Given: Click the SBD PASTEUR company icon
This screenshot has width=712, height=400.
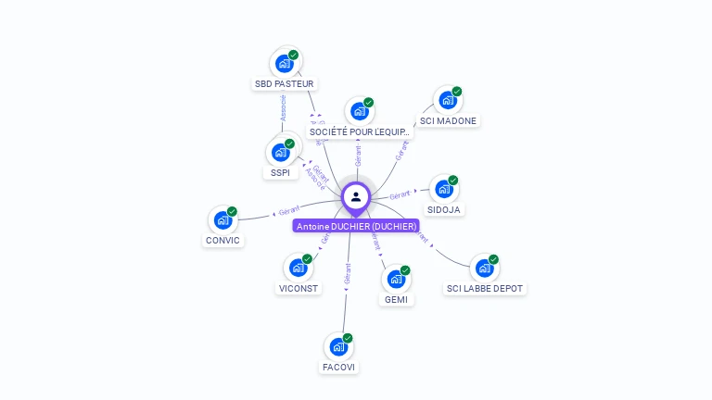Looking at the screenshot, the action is click(284, 64).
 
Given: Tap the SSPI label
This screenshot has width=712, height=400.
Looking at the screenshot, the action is click(280, 173).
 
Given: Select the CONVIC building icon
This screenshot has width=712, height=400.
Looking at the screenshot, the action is click(222, 219).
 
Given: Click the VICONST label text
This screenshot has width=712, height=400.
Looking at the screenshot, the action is click(299, 288).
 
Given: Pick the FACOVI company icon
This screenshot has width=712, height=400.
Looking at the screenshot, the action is click(338, 346).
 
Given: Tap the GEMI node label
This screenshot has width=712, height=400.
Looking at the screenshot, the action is click(396, 299).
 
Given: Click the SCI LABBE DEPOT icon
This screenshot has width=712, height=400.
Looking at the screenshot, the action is click(484, 269).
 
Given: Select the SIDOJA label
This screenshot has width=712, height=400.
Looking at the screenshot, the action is click(446, 210).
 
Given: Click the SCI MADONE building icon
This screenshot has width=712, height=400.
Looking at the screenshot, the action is click(448, 100).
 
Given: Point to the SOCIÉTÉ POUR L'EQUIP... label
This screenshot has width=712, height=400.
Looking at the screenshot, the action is click(360, 132).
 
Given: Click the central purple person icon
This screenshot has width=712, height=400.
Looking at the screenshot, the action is click(356, 196).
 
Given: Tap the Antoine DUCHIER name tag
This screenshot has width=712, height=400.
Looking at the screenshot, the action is click(356, 226).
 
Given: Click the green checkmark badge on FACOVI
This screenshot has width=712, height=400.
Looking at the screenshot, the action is click(348, 338).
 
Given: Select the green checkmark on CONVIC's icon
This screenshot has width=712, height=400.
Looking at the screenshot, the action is click(232, 211).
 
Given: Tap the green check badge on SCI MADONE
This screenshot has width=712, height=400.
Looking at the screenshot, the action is click(457, 92).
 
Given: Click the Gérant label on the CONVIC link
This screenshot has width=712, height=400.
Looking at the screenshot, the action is click(289, 212).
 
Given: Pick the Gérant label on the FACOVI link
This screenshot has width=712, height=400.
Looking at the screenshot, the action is click(348, 273).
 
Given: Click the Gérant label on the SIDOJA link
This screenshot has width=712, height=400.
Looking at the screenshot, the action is click(400, 195).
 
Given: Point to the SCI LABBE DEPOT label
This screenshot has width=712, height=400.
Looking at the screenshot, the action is click(485, 288).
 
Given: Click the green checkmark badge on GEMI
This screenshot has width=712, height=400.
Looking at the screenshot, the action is click(405, 270).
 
